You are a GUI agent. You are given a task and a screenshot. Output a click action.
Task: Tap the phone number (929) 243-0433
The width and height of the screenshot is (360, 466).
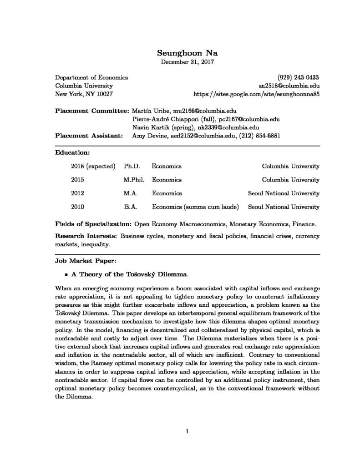(x=298, y=77)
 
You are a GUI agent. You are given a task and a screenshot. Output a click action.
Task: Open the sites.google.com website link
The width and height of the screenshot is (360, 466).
(x=257, y=94)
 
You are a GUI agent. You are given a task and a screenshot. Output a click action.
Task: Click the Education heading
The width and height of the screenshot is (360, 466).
(x=72, y=152)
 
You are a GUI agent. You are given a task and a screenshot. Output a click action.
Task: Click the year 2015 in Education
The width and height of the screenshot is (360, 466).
(x=78, y=180)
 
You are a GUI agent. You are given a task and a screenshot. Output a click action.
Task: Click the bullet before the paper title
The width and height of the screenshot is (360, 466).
(x=66, y=275)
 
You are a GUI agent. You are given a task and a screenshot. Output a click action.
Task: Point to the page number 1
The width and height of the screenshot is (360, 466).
(x=187, y=431)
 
